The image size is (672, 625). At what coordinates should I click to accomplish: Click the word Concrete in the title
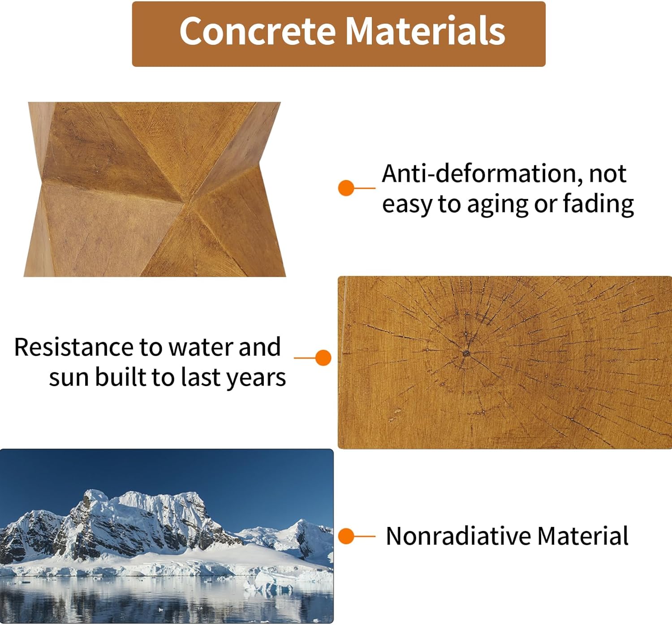click(258, 31)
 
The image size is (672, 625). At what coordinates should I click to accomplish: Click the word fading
click(598, 205)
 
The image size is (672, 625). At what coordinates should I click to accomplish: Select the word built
click(121, 377)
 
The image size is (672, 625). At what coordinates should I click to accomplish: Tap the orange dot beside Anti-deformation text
click(346, 188)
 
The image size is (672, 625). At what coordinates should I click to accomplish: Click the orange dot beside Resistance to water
click(323, 358)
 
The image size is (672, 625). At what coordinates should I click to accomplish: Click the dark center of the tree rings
click(466, 353)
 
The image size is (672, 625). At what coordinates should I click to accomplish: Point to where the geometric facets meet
click(185, 203)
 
